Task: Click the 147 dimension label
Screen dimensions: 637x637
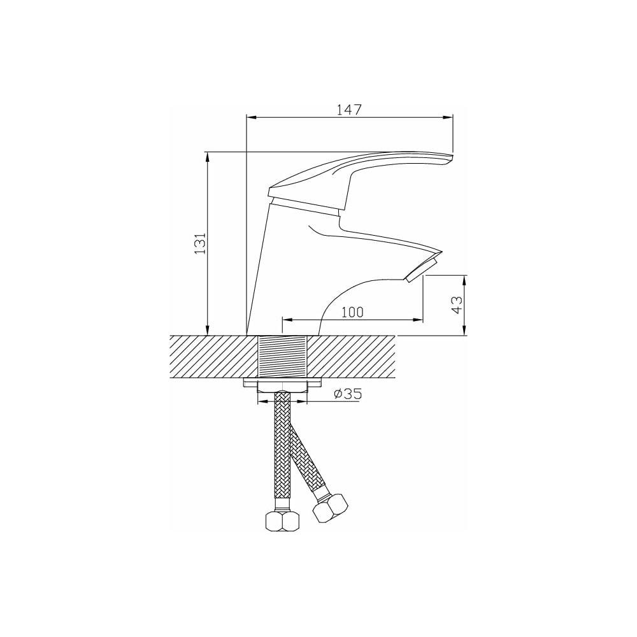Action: pos(349,110)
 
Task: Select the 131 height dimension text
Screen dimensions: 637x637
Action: pos(200,244)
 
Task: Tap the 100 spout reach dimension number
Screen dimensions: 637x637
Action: pos(352,312)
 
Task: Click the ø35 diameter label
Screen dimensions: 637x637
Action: pos(348,394)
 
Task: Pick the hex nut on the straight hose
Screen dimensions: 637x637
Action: pos(283,520)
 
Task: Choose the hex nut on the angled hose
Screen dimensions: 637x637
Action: pos(331,508)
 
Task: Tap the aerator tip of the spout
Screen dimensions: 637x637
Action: pos(422,266)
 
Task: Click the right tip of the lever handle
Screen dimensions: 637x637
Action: pos(452,155)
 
